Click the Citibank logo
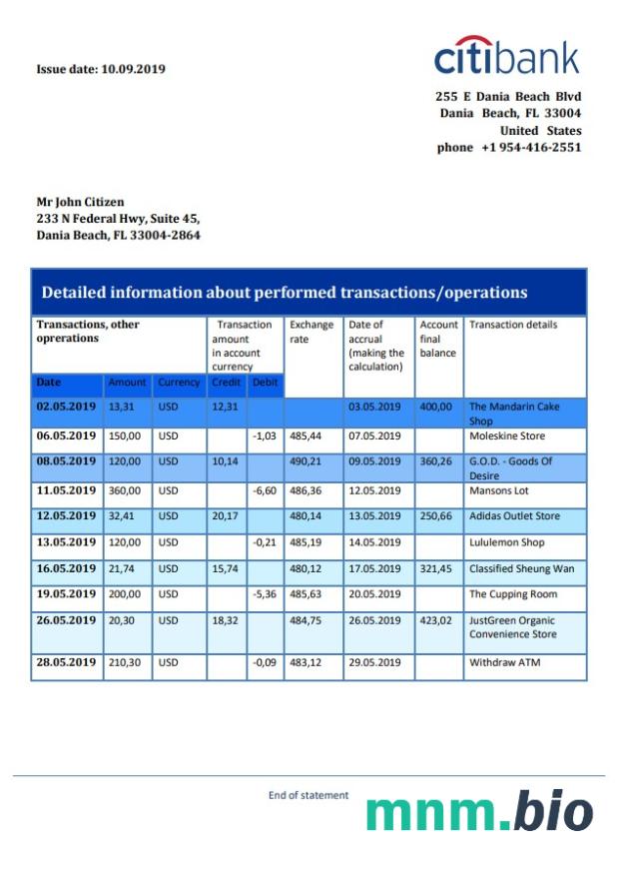pos(506,57)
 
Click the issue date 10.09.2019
pos(101,69)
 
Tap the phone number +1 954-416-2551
pos(509,147)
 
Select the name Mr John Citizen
pos(81,202)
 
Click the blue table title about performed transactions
pos(285,293)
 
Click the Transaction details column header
pos(513,325)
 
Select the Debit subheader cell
pos(265,382)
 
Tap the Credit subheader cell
pos(226,382)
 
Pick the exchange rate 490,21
pos(306,461)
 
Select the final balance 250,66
pos(436,516)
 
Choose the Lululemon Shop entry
pos(506,542)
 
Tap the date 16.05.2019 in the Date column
pos(66,568)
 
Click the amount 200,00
pos(125,594)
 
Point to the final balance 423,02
pos(436,620)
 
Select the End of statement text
pos(309,795)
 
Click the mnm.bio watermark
pos(479,813)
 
